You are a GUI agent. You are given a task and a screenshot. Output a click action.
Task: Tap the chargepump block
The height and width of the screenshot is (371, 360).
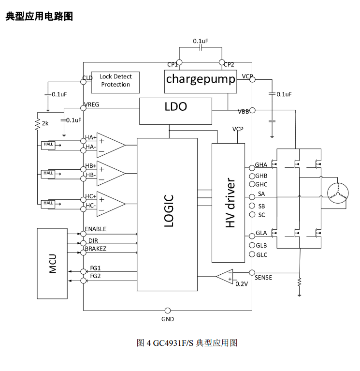point(201,79)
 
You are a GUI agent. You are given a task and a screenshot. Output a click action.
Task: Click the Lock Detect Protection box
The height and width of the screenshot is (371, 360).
point(115,81)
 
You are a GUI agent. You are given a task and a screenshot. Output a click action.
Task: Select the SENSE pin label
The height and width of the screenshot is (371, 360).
point(263,278)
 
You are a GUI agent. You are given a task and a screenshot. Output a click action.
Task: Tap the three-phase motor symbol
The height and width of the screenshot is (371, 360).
point(337,193)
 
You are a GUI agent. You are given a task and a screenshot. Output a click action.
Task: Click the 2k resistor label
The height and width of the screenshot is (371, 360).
point(45,124)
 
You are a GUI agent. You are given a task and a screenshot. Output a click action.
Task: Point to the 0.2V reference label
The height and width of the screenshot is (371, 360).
point(242,284)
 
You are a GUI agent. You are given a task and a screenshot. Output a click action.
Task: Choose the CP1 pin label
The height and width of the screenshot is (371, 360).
point(172,64)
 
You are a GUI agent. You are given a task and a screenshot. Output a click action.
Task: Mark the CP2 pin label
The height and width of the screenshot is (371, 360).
point(229,64)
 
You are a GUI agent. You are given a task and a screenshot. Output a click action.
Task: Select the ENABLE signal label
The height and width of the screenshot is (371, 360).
point(95,229)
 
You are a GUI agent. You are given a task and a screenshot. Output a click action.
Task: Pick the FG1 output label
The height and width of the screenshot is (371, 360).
point(95,267)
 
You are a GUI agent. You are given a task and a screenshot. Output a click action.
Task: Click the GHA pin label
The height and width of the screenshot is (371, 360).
point(261,165)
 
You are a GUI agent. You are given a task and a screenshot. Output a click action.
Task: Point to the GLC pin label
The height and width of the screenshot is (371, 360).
point(261,255)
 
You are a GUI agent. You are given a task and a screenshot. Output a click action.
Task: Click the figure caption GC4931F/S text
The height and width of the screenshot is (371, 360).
point(173,343)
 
